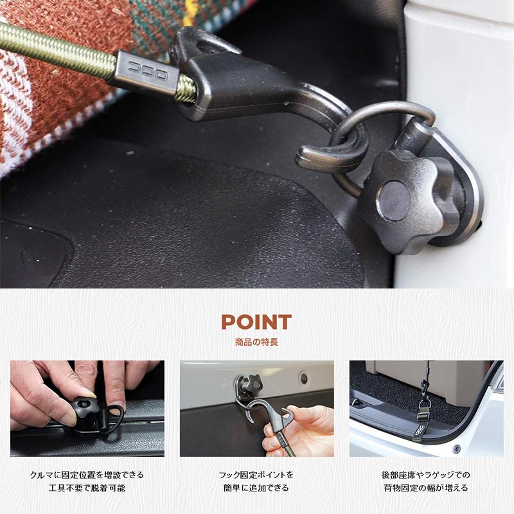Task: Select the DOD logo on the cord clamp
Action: (x=147, y=69)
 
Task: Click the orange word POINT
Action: (x=256, y=322)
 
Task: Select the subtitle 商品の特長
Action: (x=256, y=342)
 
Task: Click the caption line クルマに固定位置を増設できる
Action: (x=87, y=475)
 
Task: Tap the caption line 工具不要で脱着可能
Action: (x=87, y=488)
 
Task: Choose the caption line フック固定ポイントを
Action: (x=256, y=475)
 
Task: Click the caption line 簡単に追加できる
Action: (x=256, y=488)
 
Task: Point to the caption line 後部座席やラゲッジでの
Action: (x=426, y=475)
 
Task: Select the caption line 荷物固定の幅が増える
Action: (x=426, y=488)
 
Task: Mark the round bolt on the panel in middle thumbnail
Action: (x=303, y=378)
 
